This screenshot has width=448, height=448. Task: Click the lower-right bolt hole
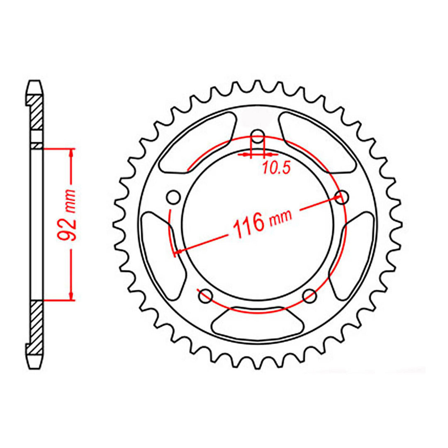[x=309, y=296]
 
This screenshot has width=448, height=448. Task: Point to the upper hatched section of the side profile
[x=36, y=112]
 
